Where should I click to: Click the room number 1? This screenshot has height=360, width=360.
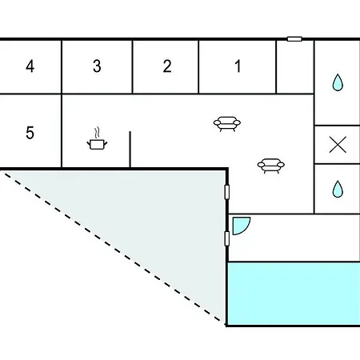coord(238,66)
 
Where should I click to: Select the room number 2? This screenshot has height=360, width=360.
coord(167,66)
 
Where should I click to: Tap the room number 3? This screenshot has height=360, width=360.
coord(97,66)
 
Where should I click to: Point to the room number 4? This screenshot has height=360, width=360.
coord(30,66)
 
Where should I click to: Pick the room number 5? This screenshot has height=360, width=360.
coord(30,133)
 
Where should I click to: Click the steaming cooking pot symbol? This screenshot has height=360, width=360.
coord(97,138)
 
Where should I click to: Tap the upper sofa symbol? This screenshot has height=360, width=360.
coord(227,124)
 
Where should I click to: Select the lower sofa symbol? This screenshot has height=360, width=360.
coord(271,166)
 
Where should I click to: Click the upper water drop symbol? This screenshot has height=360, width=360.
coord(338,82)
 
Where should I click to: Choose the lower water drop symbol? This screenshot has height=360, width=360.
coord(338,190)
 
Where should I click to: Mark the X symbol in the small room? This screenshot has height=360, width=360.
coord(338,145)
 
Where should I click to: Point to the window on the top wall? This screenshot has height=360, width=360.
coord(294,39)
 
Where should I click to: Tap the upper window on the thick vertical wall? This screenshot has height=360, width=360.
coord(227,192)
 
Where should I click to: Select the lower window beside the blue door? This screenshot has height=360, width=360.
coord(227,238)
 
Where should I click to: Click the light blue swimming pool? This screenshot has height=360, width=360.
coord(294,294)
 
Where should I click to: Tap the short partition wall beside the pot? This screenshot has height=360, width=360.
coord(130,150)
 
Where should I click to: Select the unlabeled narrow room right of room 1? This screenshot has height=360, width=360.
coord(295,67)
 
